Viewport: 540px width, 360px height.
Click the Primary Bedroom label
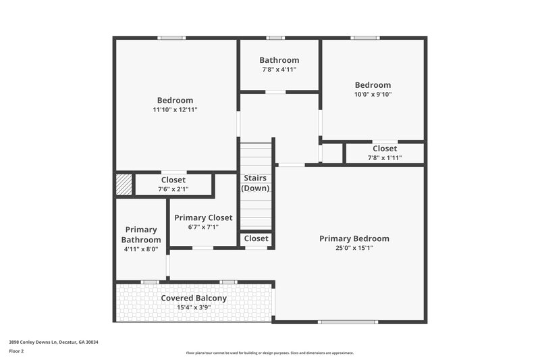[x=354, y=238]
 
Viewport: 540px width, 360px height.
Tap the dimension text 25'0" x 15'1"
[x=354, y=248]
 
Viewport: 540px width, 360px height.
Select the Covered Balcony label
[x=194, y=298]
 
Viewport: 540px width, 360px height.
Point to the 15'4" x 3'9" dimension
[x=194, y=307]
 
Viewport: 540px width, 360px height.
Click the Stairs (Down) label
[x=255, y=183]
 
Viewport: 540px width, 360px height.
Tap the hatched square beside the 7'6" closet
[x=124, y=185]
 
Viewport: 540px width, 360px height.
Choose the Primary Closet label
[x=203, y=217]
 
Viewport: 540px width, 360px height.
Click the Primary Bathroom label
[x=141, y=234]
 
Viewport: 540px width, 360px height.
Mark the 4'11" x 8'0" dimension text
[x=141, y=249]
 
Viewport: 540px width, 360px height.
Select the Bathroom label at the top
[x=279, y=60]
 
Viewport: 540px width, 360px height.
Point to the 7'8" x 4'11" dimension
[x=279, y=70]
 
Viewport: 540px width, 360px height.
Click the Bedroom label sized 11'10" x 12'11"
[x=175, y=100]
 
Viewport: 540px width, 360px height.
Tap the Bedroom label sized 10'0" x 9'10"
[x=373, y=85]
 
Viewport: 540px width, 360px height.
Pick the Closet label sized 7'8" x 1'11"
[x=385, y=149]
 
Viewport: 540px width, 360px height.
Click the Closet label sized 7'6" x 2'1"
[x=173, y=180]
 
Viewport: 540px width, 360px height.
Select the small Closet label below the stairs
[x=256, y=238]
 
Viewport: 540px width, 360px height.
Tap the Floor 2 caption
[x=17, y=351]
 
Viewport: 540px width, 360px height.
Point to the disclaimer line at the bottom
[x=270, y=353]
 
